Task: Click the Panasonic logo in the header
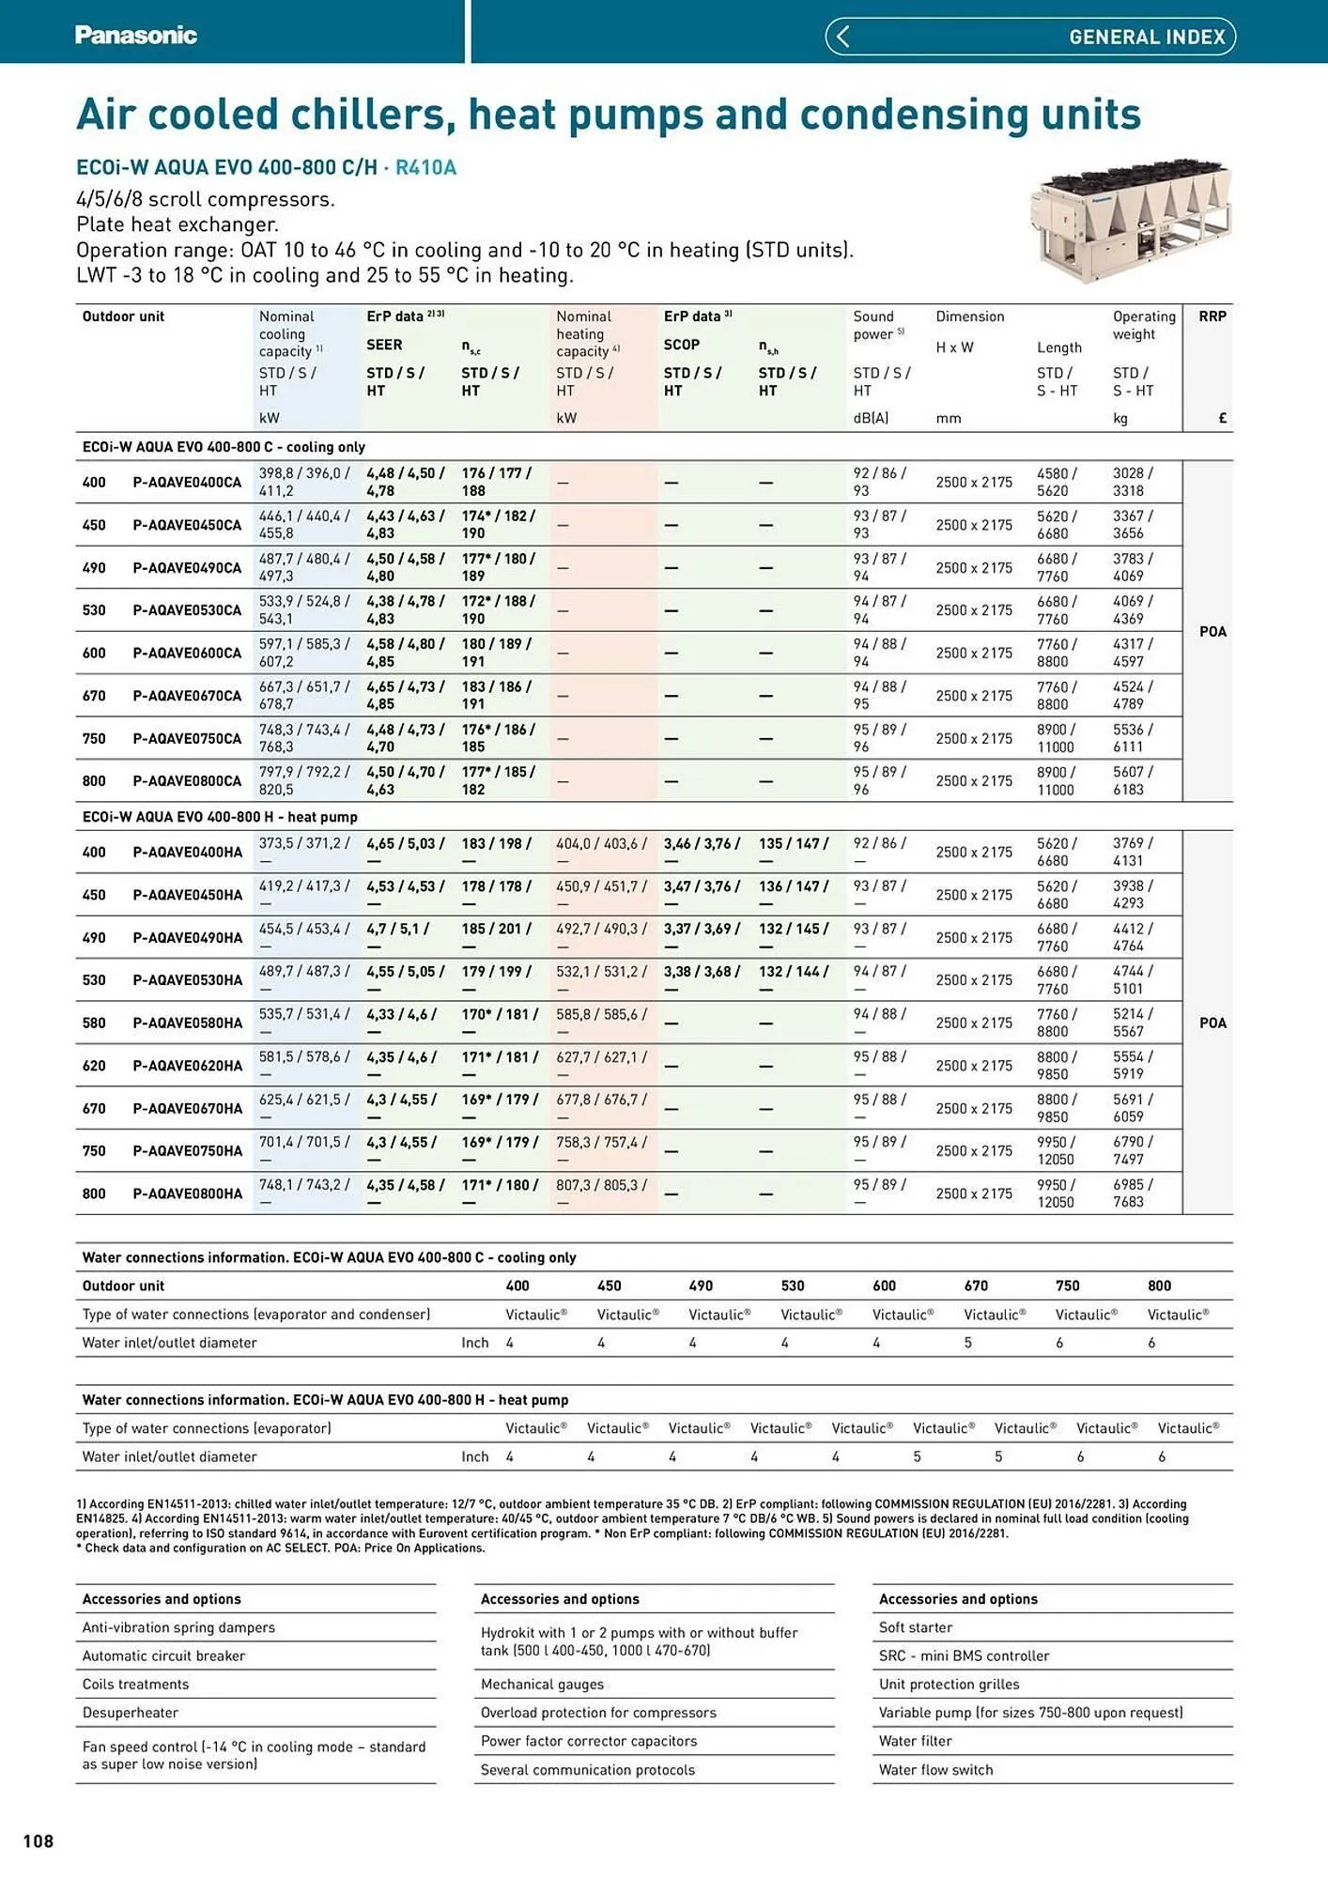coord(136,36)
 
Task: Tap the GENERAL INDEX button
coord(1030,37)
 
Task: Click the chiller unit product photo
coord(1131,222)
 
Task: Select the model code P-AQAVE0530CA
coord(187,610)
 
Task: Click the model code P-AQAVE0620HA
coord(187,1066)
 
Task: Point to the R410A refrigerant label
coord(425,168)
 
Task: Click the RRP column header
coord(1212,316)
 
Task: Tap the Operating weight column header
coord(1143,326)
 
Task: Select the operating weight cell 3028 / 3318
coord(1133,482)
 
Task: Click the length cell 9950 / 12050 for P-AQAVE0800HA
coord(1056,1193)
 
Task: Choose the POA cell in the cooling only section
coord(1212,631)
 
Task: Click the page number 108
coord(39,1841)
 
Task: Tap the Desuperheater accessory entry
coord(130,1713)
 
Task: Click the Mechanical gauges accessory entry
coord(542,1685)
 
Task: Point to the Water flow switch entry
coord(935,1770)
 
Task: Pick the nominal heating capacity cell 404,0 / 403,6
coord(601,844)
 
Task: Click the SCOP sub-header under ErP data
coord(681,345)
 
